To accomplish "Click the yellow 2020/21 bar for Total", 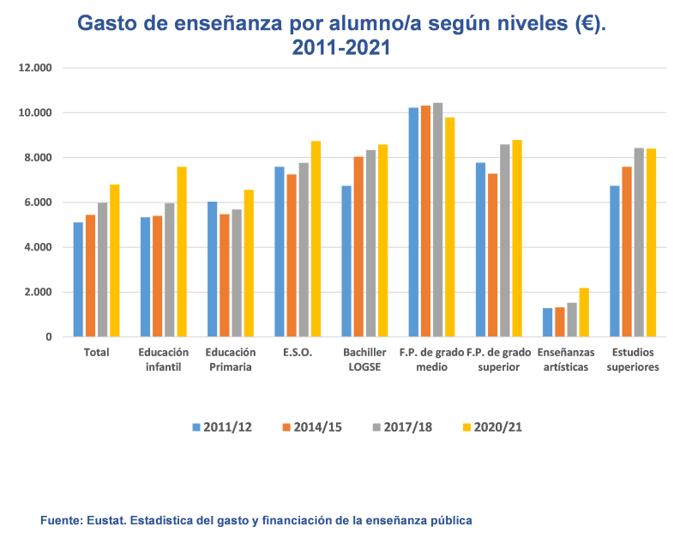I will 114,261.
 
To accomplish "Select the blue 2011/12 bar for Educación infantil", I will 146,277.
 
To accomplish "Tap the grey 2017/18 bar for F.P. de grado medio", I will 437,220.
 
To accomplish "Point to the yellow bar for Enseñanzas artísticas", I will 584,312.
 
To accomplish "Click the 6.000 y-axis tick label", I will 38,203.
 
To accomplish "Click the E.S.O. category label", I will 298,353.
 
